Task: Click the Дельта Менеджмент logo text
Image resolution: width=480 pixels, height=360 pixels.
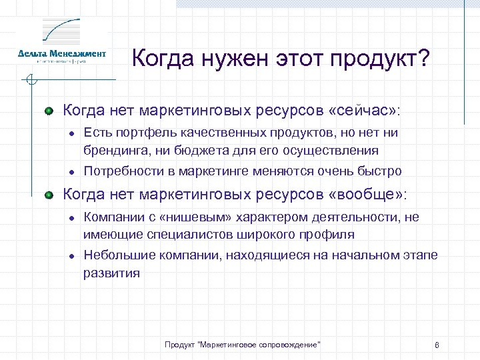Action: (x=62, y=53)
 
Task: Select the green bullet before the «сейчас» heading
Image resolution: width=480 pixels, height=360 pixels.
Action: (x=49, y=109)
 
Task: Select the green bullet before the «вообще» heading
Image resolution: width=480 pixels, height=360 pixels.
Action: (x=49, y=195)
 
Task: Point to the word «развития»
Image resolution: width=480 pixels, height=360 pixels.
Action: (x=111, y=272)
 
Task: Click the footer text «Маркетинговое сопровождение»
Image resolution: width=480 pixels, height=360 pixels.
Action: (x=260, y=344)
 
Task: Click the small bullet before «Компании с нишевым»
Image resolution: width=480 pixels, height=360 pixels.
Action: (x=70, y=217)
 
